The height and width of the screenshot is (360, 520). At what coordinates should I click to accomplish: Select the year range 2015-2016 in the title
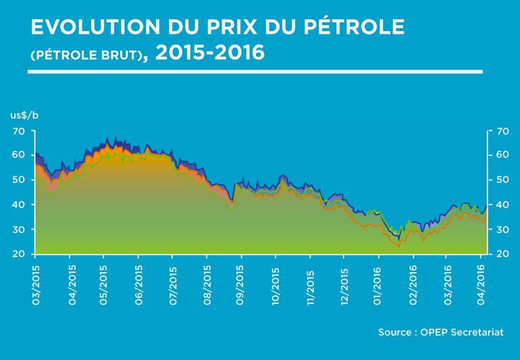[x=209, y=53]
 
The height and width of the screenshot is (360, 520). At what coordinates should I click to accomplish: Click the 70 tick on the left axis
[x=20, y=130]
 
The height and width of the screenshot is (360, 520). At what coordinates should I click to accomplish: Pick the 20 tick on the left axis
[x=20, y=254]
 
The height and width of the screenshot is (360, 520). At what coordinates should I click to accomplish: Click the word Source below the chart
[x=394, y=332]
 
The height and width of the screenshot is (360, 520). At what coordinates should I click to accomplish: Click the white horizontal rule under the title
[x=257, y=71]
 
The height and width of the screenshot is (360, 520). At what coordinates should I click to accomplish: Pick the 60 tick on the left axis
[x=20, y=155]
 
